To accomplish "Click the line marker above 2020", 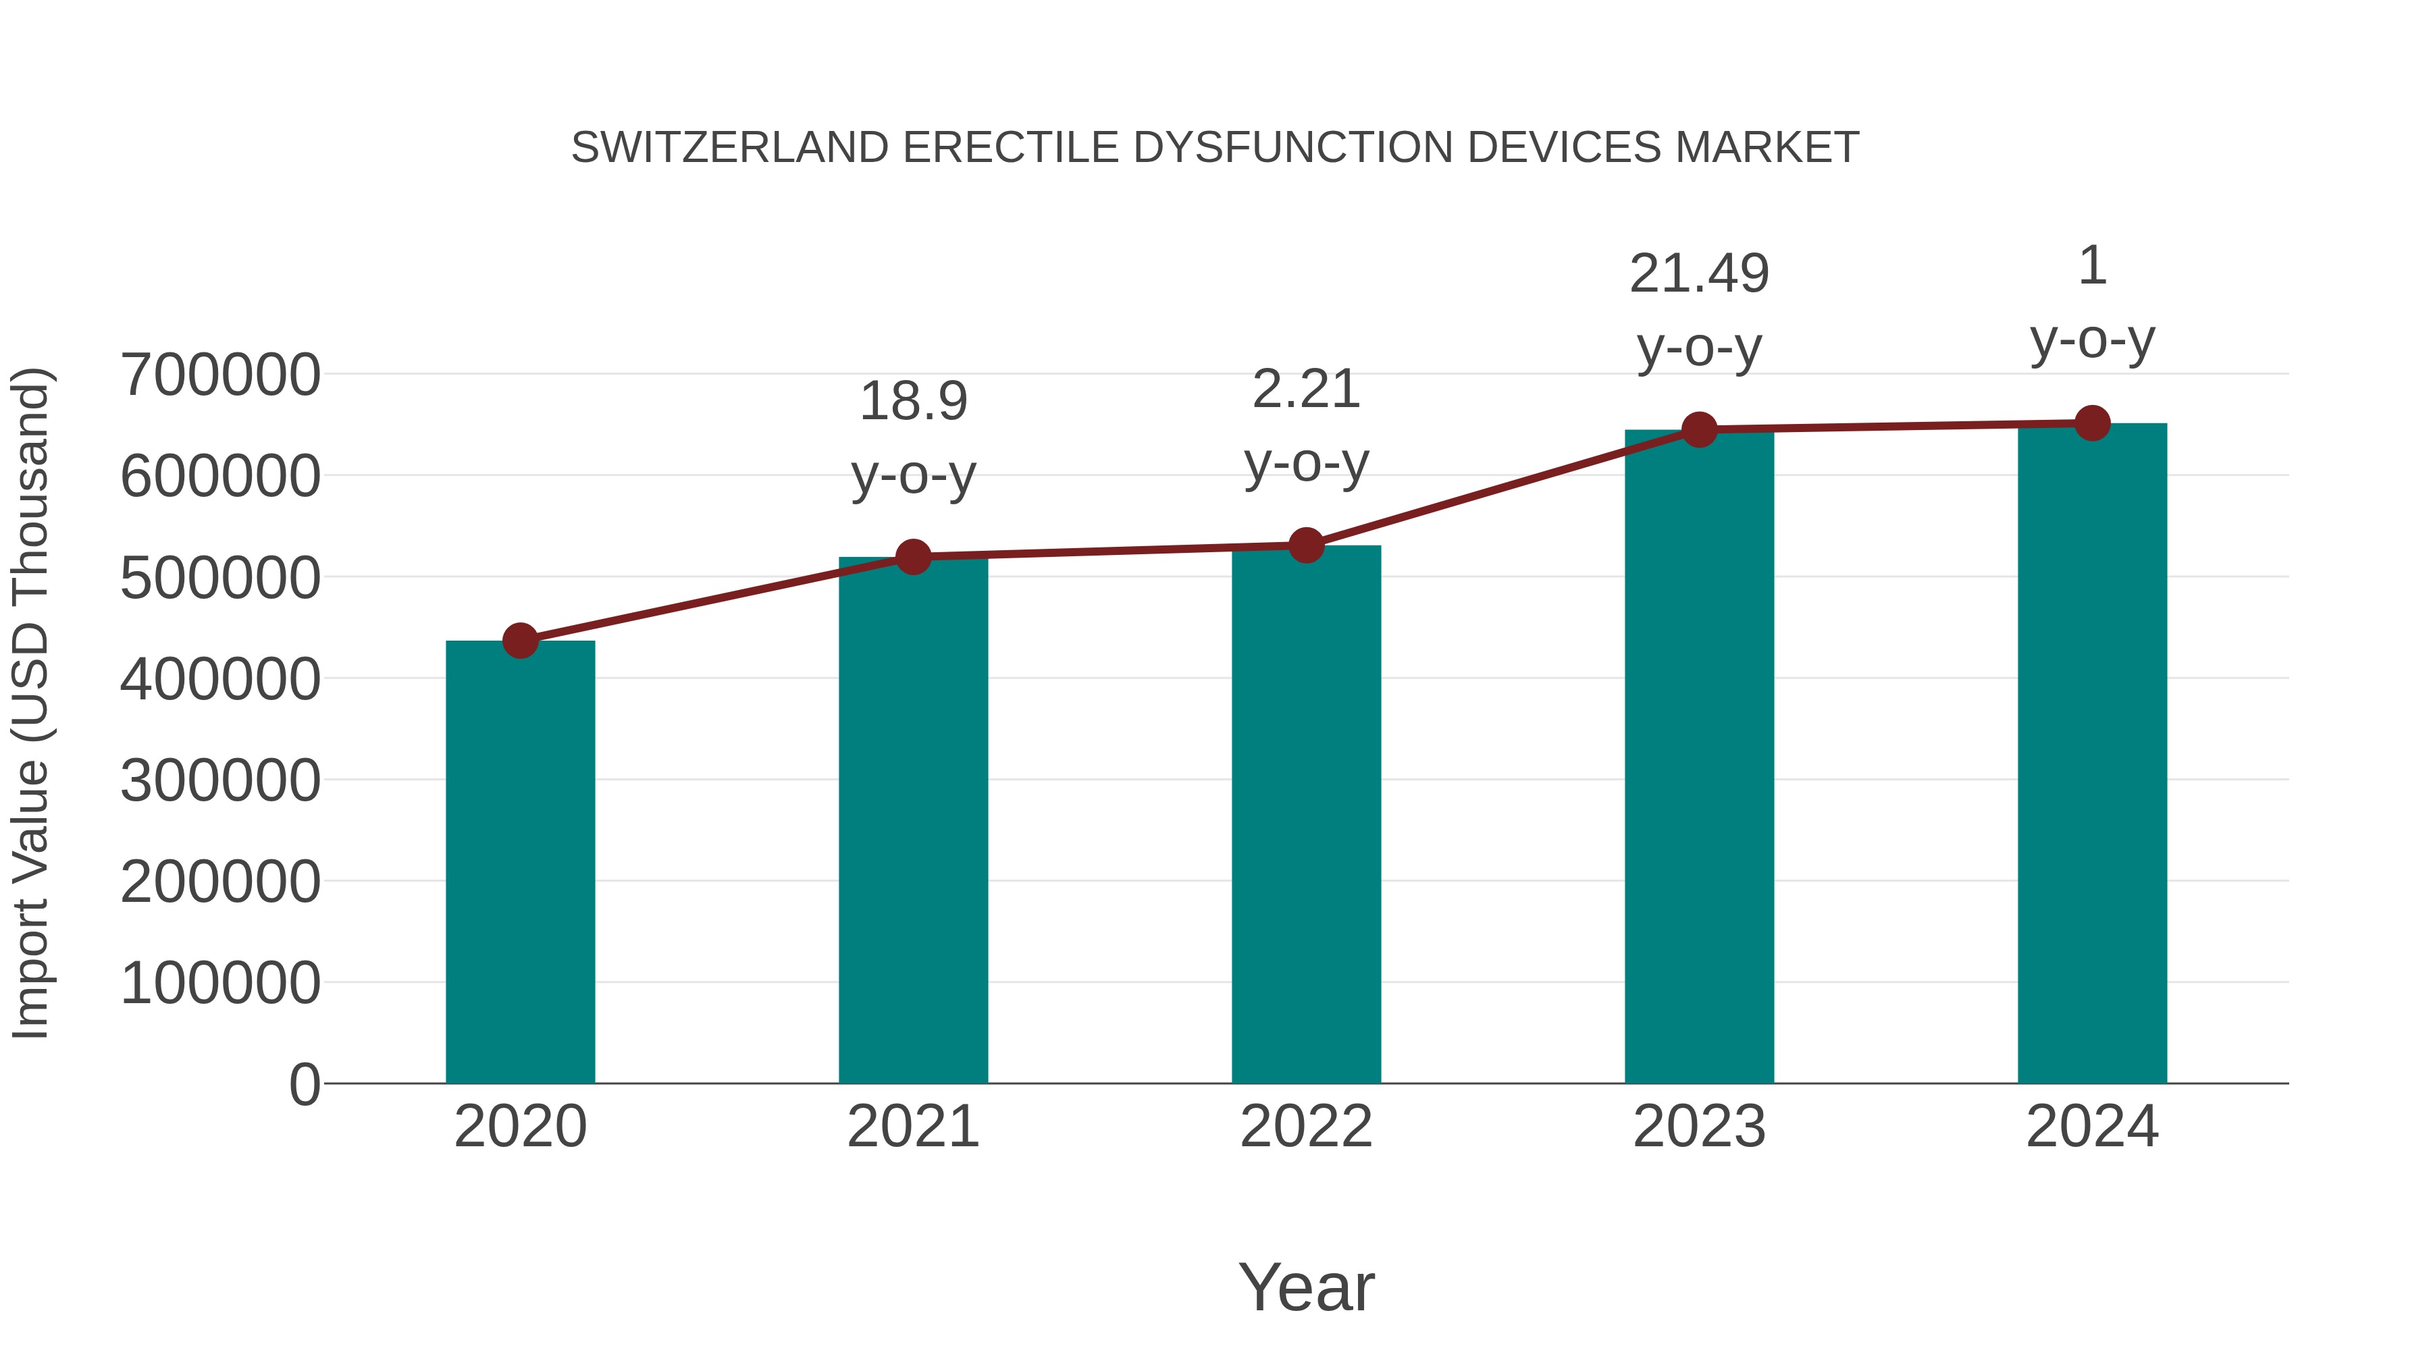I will tap(520, 641).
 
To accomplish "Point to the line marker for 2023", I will tap(1699, 429).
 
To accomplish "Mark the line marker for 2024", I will tap(2092, 423).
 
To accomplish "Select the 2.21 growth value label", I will tap(1306, 389).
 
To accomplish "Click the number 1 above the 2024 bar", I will tap(2092, 265).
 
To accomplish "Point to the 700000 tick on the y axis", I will tap(220, 375).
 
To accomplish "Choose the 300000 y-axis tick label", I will tap(220, 780).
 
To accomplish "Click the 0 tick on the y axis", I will tap(304, 1084).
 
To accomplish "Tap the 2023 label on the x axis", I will tap(1699, 1127).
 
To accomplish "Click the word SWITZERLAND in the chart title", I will tap(729, 147).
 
